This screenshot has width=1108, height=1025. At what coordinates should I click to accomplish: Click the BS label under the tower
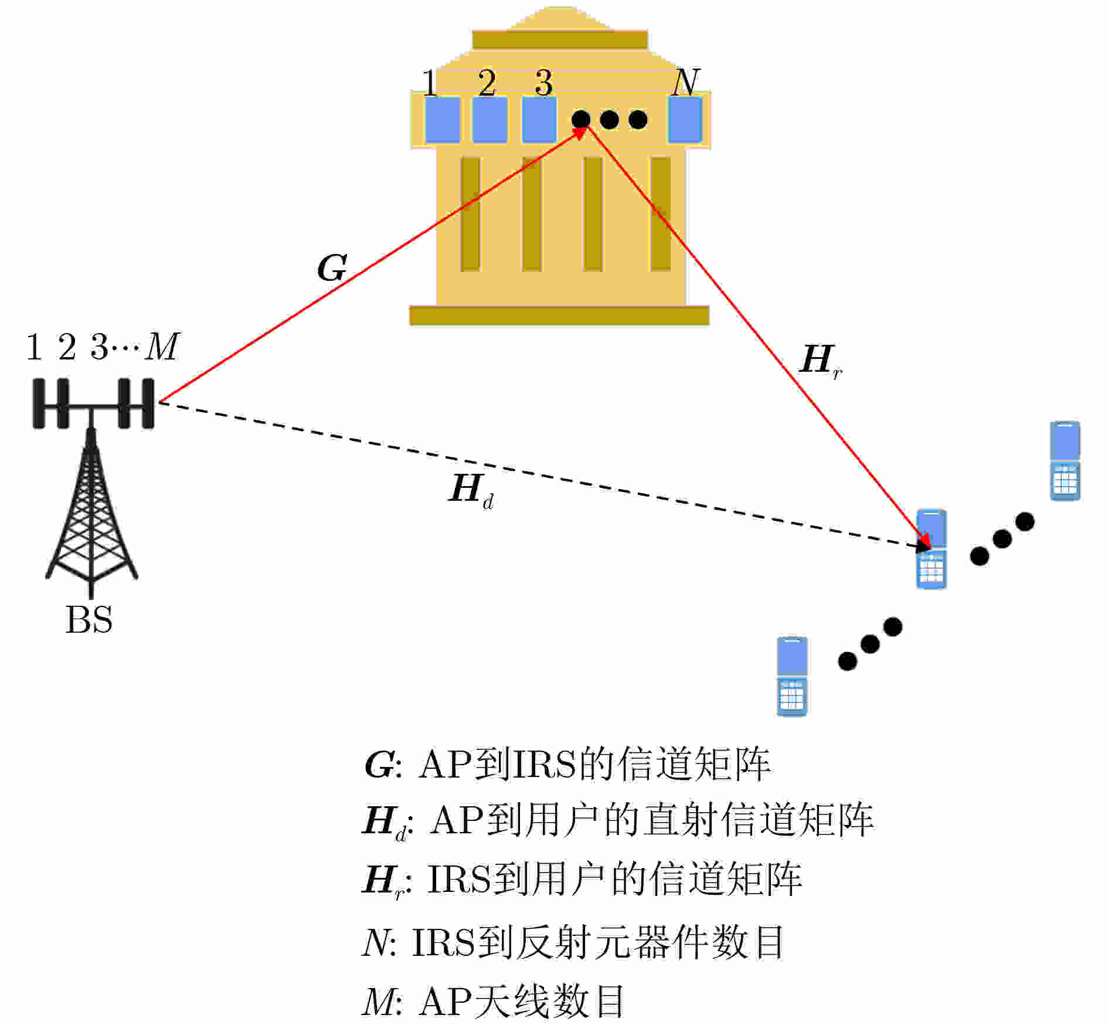click(x=89, y=620)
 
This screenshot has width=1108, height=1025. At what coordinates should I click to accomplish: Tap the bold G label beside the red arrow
click(x=332, y=268)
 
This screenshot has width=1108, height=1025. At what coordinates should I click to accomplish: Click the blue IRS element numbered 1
click(x=442, y=120)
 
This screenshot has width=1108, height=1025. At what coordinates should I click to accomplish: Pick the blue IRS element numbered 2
click(x=490, y=120)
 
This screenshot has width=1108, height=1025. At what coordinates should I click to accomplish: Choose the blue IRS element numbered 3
click(x=539, y=120)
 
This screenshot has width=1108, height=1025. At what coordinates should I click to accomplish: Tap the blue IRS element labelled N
click(x=685, y=120)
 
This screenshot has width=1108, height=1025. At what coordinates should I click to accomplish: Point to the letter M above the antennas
click(x=161, y=347)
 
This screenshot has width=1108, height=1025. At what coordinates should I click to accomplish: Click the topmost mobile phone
click(x=1065, y=461)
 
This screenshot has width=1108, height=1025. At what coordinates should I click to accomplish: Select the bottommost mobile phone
click(x=791, y=676)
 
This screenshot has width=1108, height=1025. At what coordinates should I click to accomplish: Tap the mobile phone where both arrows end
click(x=931, y=549)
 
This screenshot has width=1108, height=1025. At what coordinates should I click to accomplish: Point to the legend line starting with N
click(x=572, y=942)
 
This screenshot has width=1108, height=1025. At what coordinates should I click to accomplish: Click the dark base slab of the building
click(x=559, y=315)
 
